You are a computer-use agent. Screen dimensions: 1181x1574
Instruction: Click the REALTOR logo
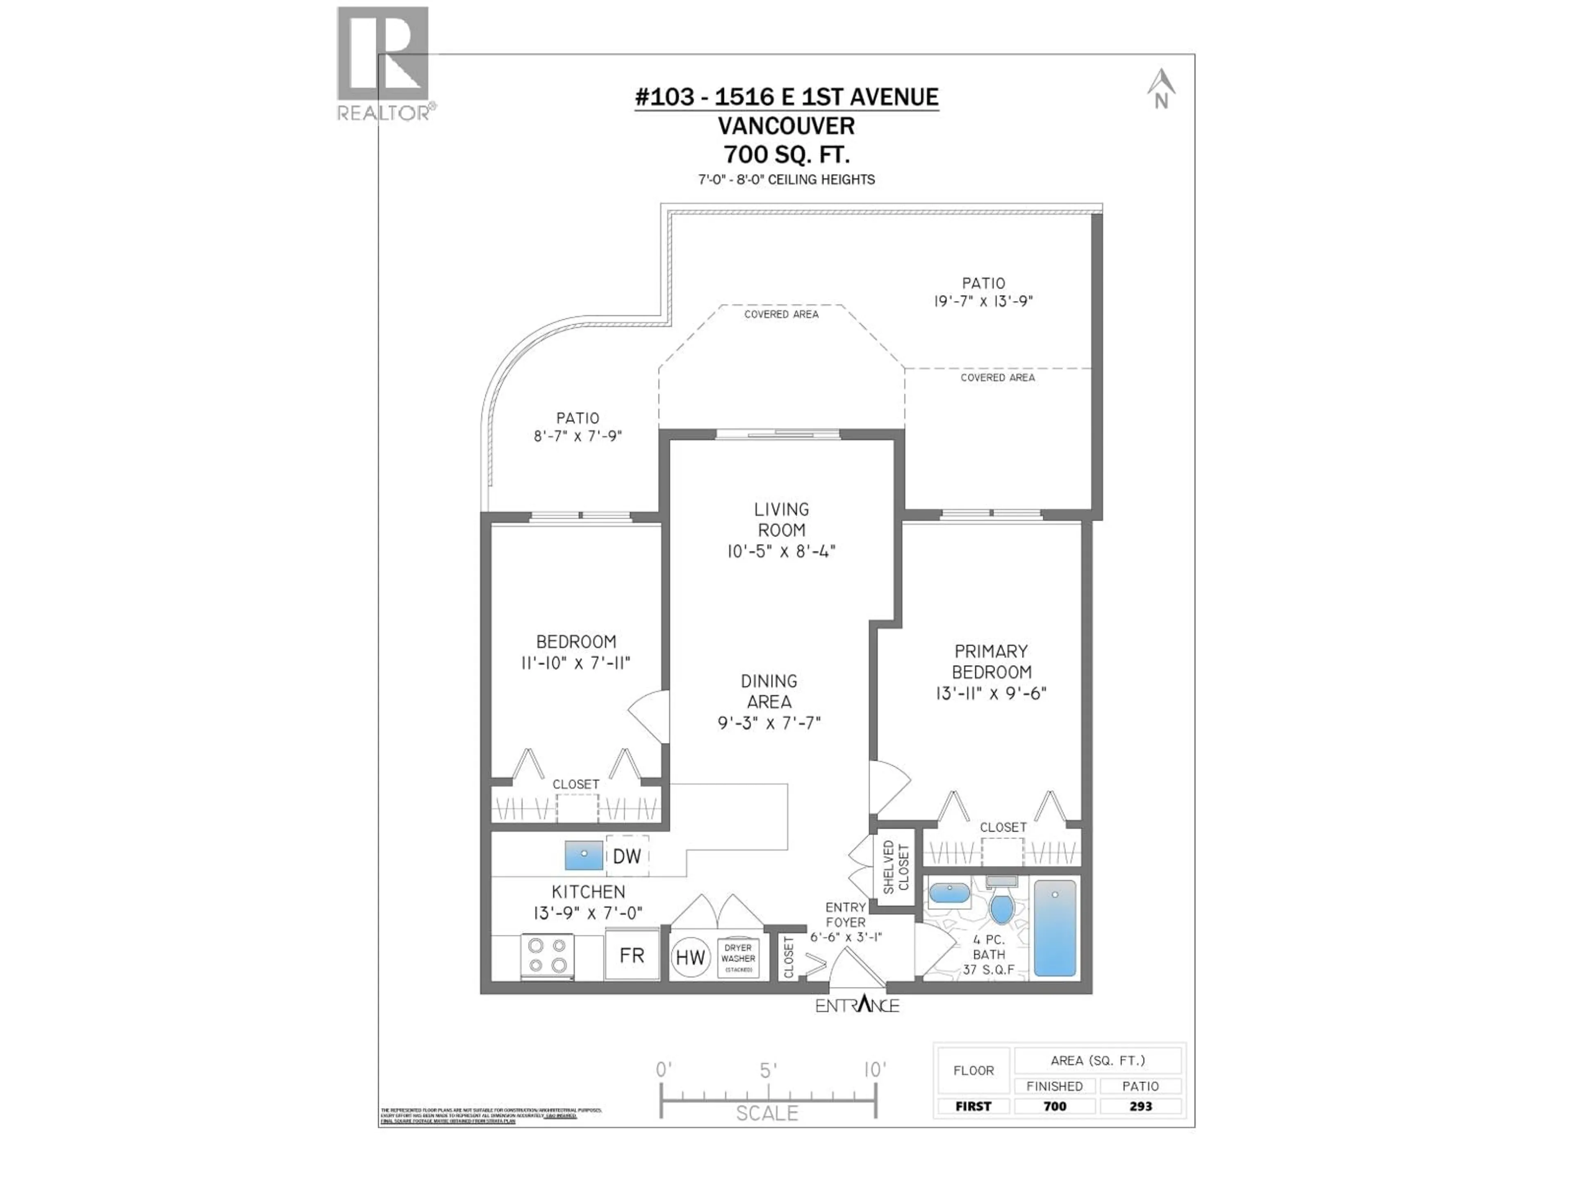click(383, 63)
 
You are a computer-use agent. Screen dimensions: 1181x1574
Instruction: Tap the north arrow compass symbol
click(1160, 88)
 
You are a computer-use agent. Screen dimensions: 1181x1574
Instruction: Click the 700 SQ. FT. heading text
click(786, 154)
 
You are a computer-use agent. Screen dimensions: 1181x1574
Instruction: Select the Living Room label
click(781, 520)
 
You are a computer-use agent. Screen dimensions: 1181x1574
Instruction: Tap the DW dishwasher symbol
click(627, 856)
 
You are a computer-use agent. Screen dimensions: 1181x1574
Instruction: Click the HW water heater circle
click(689, 958)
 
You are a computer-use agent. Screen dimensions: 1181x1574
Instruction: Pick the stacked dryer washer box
click(738, 958)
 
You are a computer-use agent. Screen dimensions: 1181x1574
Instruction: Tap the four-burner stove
click(547, 955)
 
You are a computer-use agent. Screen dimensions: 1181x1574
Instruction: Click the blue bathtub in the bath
click(1055, 928)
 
